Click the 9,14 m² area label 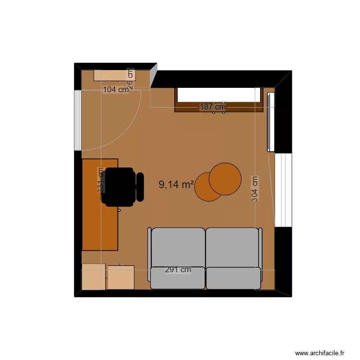point(176,185)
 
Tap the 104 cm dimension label point(116,89)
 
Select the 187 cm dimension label point(213,107)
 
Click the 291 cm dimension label point(178,270)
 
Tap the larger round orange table point(225,179)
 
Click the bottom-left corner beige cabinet point(94,277)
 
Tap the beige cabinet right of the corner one point(120,277)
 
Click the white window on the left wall point(77,120)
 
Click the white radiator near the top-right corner point(270,121)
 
